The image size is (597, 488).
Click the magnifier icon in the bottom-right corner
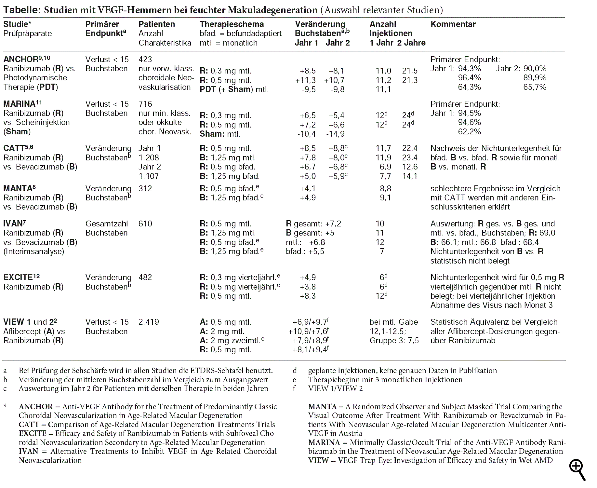point(577,470)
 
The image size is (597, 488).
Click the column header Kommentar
point(453,24)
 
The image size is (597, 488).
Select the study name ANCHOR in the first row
point(21,60)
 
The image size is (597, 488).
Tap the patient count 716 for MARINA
point(145,104)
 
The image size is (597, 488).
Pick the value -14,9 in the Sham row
point(335,134)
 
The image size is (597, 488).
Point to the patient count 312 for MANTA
point(145,189)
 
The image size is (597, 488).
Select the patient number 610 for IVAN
point(145,224)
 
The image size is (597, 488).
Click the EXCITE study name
point(18,278)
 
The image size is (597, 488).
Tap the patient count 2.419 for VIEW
point(149,322)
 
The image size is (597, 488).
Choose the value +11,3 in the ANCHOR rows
point(305,80)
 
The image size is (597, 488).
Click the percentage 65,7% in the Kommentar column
point(535,87)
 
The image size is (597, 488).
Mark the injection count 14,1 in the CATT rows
point(409,176)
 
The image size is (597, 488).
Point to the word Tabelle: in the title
point(22,10)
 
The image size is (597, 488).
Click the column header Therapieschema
point(232,24)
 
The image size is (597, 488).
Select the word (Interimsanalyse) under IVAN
point(34,251)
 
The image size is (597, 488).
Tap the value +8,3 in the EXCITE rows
point(308,296)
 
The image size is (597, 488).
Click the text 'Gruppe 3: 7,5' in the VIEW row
point(394,341)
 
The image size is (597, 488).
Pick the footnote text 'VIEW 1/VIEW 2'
point(335,388)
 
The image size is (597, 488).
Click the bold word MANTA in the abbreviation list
point(322,407)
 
